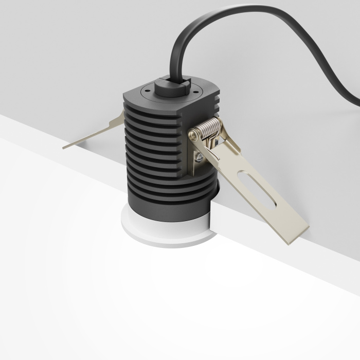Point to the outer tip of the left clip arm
point(65,147)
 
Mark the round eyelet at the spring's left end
point(192,135)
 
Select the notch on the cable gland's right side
point(188,85)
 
